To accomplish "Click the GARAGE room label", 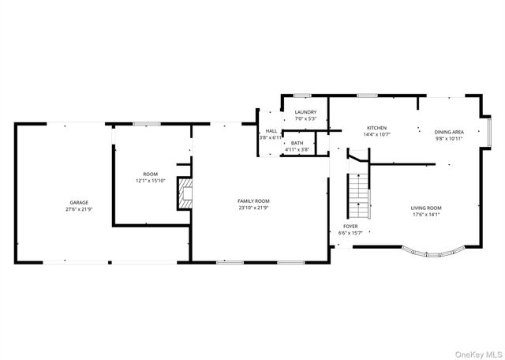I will [77, 202].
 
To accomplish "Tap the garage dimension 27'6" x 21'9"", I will [77, 209].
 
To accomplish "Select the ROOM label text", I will [150, 174].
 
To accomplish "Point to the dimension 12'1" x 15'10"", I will [150, 181].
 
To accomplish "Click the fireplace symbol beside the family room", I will [184, 194].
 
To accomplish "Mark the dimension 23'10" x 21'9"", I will [254, 208].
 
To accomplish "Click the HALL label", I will [271, 131].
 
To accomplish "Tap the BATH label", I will [297, 143].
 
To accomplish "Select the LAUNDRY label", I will [305, 112].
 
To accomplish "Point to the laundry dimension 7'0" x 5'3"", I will [305, 119].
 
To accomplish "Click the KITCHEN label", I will [376, 127].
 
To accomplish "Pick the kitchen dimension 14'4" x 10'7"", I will [376, 134].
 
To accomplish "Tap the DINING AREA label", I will [448, 132].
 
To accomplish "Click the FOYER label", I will [350, 226].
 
